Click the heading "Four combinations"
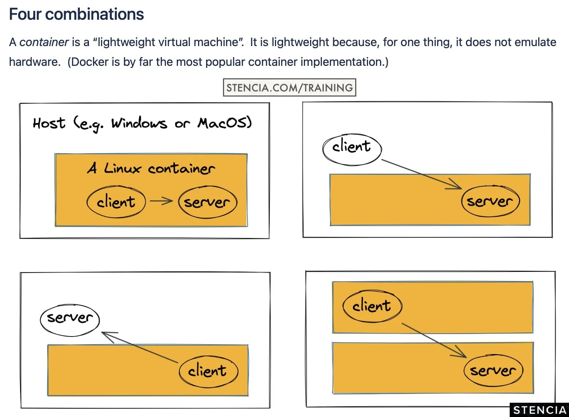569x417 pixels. point(76,14)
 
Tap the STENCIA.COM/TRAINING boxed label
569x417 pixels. point(289,87)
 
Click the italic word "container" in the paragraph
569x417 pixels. point(44,42)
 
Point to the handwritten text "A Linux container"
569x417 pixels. point(151,168)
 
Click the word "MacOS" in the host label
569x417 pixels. point(224,123)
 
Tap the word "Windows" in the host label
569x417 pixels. point(139,124)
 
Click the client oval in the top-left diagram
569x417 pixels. point(116,202)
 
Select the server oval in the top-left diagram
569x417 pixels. point(208,202)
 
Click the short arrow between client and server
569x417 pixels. point(161,201)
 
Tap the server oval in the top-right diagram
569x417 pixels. point(490,201)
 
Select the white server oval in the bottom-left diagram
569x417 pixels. point(70,319)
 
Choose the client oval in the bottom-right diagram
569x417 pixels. point(372,306)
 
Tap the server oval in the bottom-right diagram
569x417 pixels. point(493,370)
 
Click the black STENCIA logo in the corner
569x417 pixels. point(539,410)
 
